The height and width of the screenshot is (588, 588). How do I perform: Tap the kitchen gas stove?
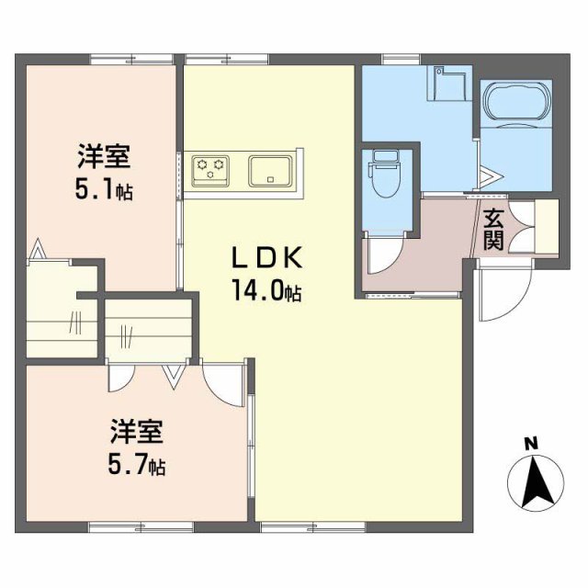pyautogui.click(x=211, y=169)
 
